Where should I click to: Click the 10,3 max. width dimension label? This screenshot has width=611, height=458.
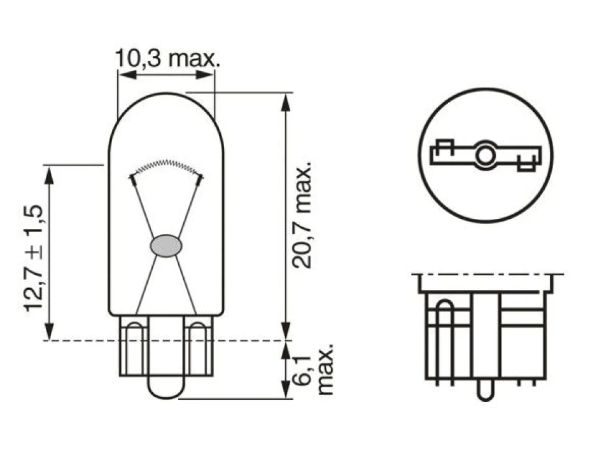coord(167,58)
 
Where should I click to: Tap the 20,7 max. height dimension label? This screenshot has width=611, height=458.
coord(302,214)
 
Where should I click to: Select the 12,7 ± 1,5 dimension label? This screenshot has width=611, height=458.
coord(34,258)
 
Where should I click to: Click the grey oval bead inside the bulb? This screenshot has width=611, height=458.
coord(166,246)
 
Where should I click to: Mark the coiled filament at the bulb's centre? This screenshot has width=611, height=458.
coord(166,166)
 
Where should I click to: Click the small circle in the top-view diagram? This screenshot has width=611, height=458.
coord(485,156)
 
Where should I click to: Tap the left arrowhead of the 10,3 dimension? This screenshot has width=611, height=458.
coord(127,75)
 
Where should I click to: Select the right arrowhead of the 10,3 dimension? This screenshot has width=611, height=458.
coord(205,75)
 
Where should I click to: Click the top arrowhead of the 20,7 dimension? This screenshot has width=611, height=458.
coord(286,102)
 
